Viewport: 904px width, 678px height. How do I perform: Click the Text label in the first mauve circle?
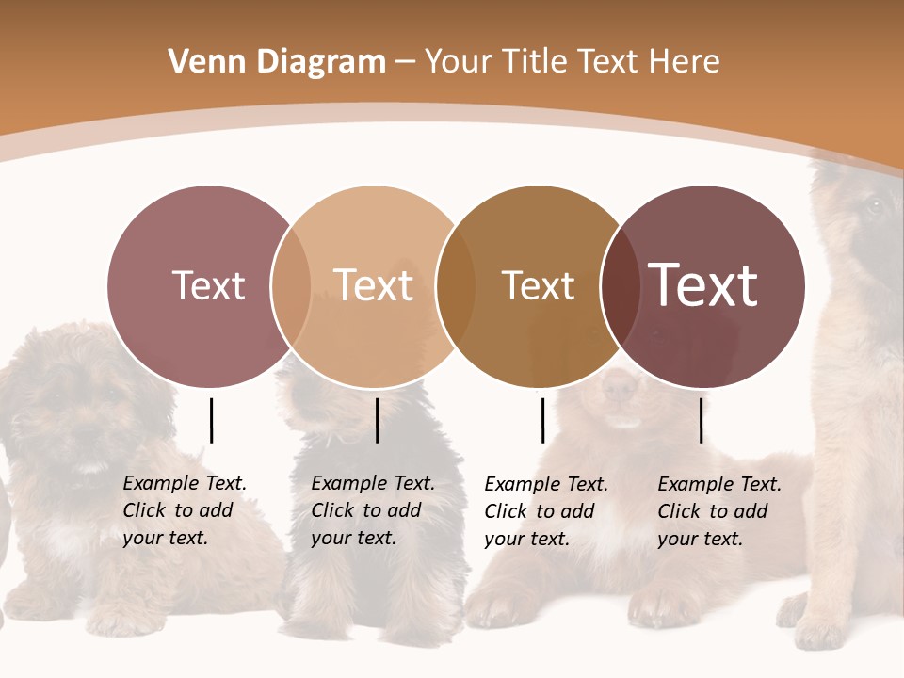click(x=208, y=285)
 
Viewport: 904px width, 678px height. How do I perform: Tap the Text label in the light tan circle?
click(x=373, y=285)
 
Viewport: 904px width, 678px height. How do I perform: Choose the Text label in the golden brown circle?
click(x=538, y=285)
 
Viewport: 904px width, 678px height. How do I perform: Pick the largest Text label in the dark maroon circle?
click(x=703, y=285)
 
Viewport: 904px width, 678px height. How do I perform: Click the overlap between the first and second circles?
click(x=291, y=286)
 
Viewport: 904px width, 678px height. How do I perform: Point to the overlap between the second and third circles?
click(x=456, y=286)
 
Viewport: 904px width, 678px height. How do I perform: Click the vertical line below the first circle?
click(x=212, y=420)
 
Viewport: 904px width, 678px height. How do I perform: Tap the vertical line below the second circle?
click(x=377, y=420)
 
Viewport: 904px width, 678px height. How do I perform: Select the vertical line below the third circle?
click(x=542, y=420)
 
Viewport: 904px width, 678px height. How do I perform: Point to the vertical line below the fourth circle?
click(x=701, y=420)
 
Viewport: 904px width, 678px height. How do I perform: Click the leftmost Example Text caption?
click(x=184, y=510)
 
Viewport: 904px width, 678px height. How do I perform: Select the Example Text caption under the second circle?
click(x=372, y=510)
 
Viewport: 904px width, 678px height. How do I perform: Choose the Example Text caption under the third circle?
click(x=545, y=511)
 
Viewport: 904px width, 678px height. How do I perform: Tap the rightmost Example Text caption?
click(x=718, y=511)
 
